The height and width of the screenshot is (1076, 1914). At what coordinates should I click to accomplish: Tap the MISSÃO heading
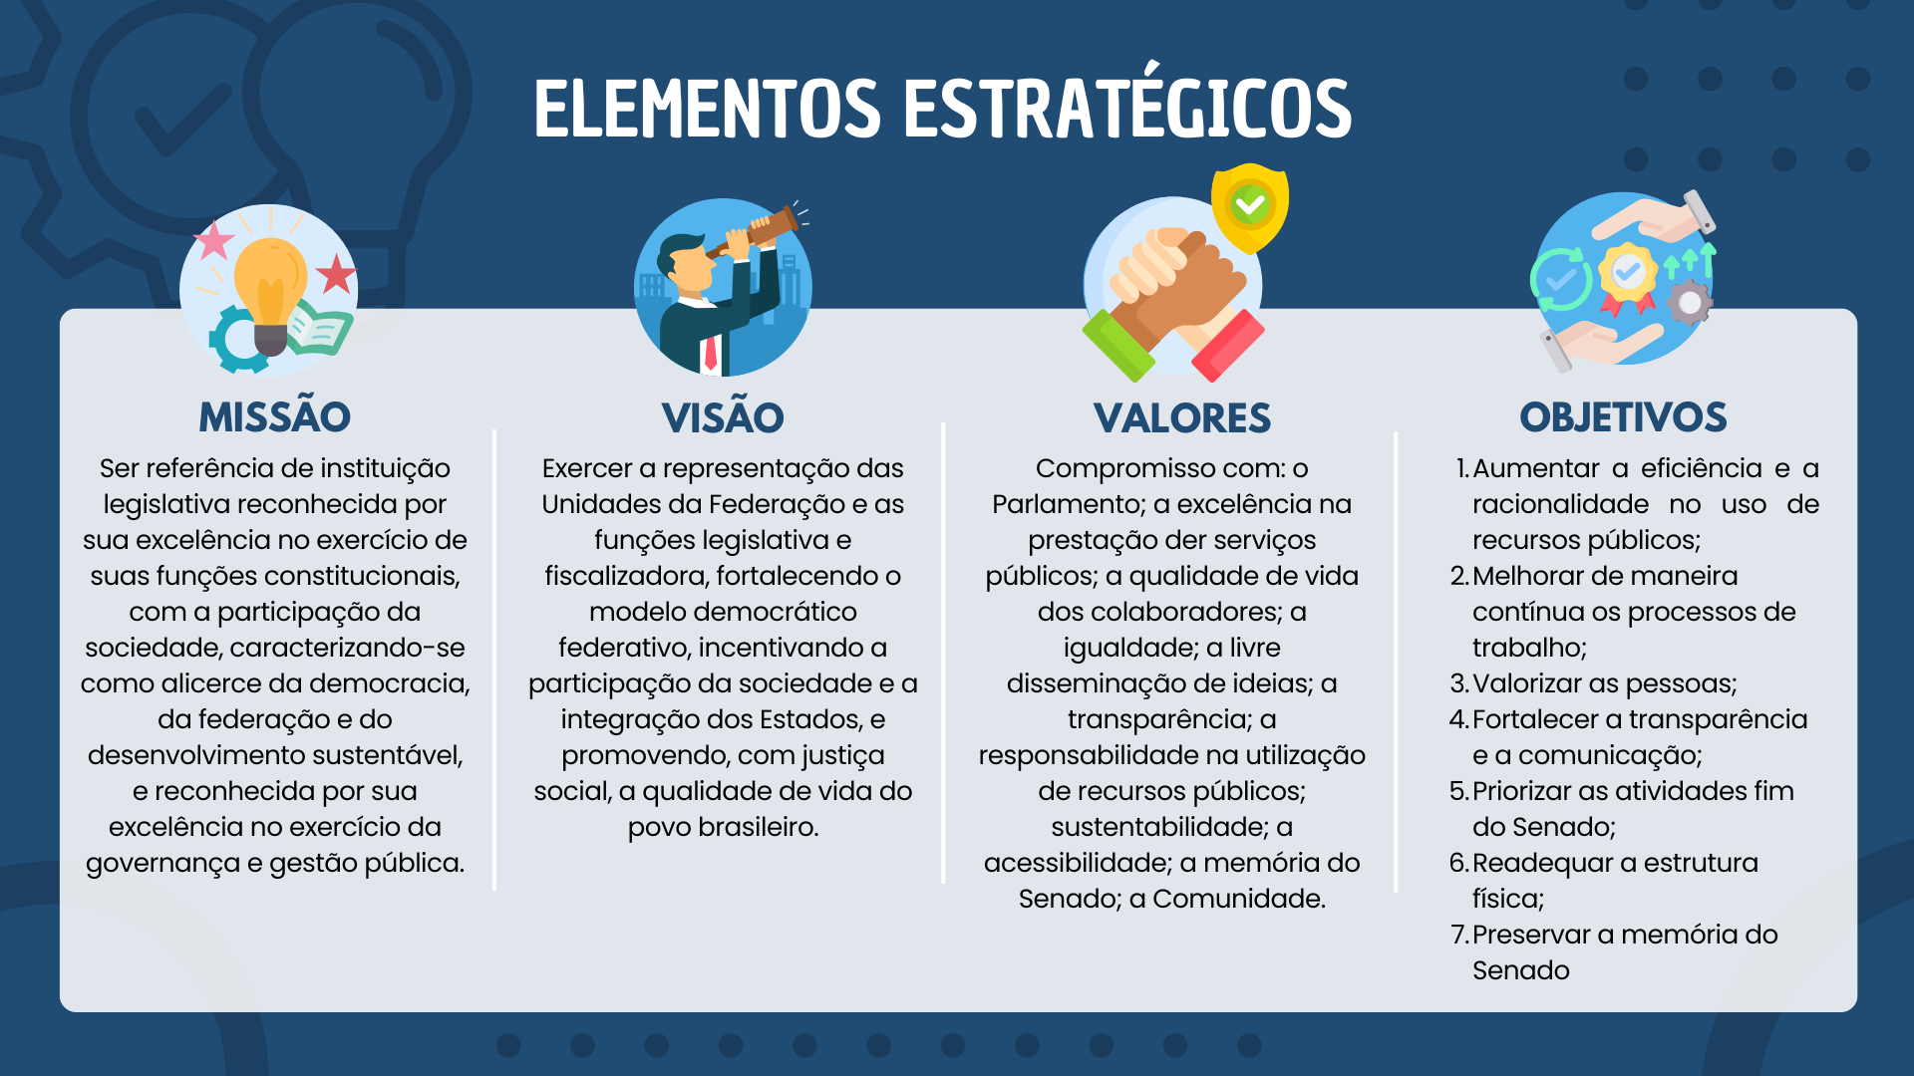click(x=274, y=416)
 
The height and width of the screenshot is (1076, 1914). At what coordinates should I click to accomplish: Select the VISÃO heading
click(x=723, y=417)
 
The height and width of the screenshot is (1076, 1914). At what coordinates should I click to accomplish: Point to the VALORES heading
click(x=1181, y=417)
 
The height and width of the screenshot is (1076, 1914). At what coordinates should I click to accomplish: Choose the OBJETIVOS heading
click(x=1623, y=416)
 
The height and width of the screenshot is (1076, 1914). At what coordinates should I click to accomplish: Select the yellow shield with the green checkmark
click(x=1249, y=207)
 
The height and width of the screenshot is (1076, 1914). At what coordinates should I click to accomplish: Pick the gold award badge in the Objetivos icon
click(x=1628, y=273)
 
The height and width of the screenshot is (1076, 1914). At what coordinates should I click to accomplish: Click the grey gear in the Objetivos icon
click(x=1689, y=303)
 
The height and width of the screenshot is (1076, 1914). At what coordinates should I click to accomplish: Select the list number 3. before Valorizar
click(x=1459, y=683)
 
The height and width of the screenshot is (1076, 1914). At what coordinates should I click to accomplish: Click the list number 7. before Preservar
click(x=1459, y=935)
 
